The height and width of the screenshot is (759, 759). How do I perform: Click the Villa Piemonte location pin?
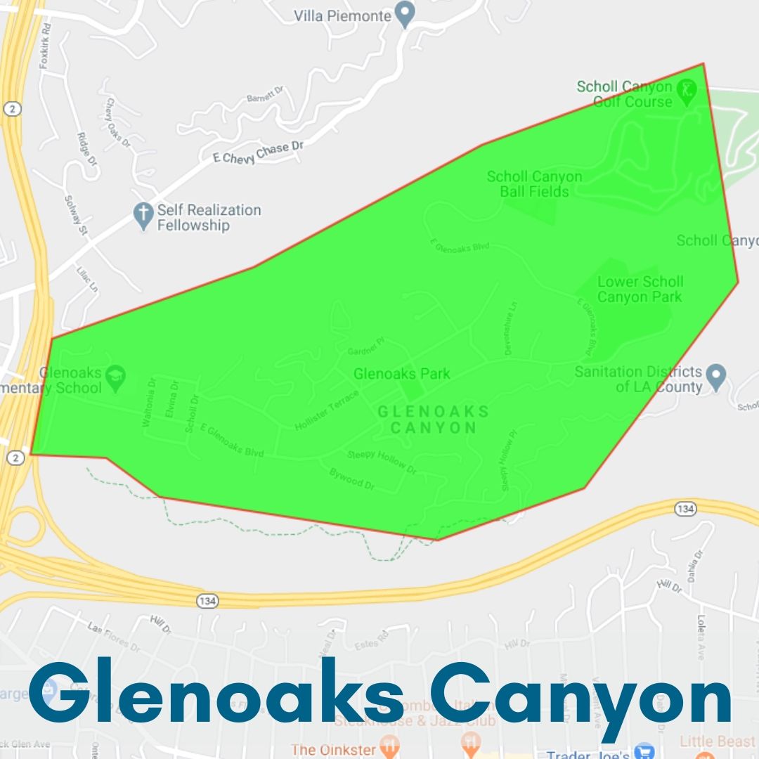[x=404, y=13]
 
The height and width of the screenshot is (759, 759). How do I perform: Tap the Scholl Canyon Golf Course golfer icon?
[x=686, y=89]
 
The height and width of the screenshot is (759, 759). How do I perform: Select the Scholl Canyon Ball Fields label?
[x=534, y=184]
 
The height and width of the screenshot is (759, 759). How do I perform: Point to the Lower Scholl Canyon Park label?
[x=640, y=289]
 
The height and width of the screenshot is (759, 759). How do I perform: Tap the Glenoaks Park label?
[x=401, y=374]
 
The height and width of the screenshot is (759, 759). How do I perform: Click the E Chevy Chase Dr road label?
[x=258, y=150]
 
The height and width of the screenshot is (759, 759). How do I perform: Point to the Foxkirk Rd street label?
[x=46, y=45]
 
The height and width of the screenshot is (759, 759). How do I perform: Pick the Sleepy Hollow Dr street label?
[x=382, y=462]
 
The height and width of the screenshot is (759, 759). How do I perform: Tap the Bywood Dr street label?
[x=351, y=479]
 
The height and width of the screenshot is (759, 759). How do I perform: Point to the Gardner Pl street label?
[x=367, y=344]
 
